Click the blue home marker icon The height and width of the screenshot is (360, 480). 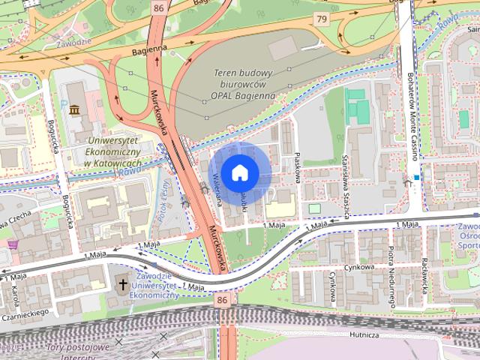(x=238, y=172)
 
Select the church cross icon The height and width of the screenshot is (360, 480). (x=122, y=285)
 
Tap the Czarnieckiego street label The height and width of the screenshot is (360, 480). (x=27, y=312)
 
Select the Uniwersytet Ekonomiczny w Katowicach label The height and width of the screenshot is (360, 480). (x=113, y=152)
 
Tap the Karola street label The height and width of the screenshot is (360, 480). (x=14, y=295)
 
